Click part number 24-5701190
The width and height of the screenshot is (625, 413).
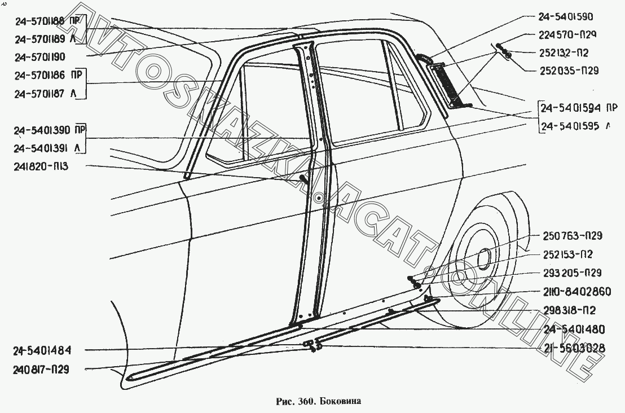pyautogui.click(x=49, y=56)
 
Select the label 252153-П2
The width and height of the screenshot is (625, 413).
pyautogui.click(x=566, y=254)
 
